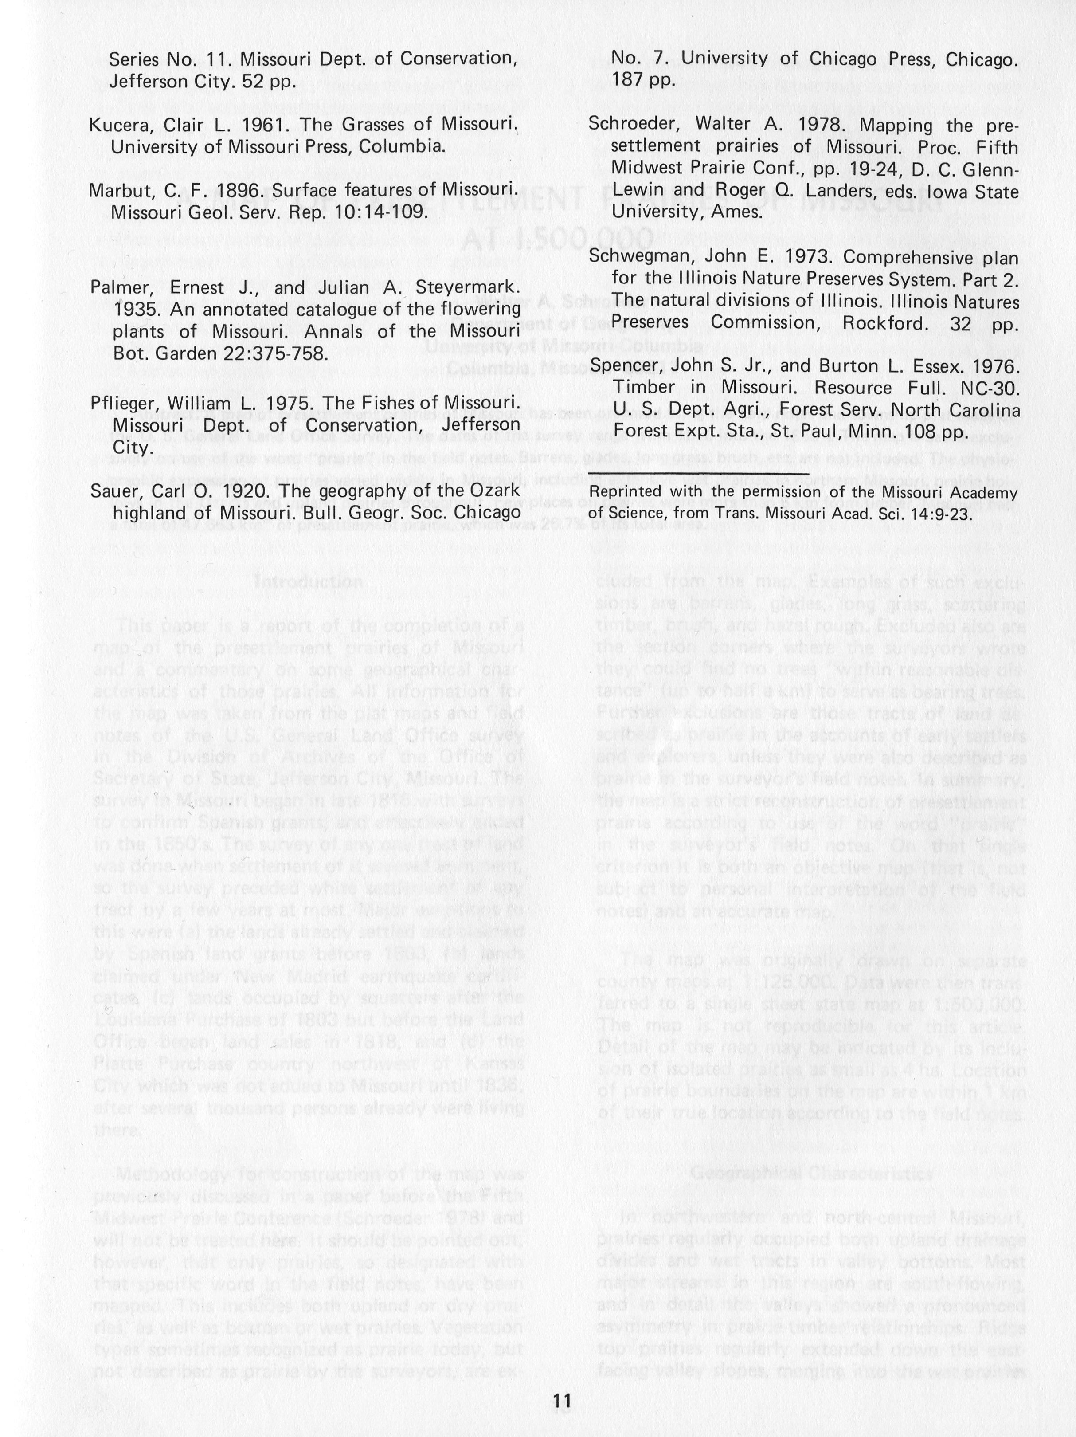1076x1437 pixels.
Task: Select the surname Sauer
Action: point(112,491)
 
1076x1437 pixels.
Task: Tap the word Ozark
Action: point(491,491)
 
